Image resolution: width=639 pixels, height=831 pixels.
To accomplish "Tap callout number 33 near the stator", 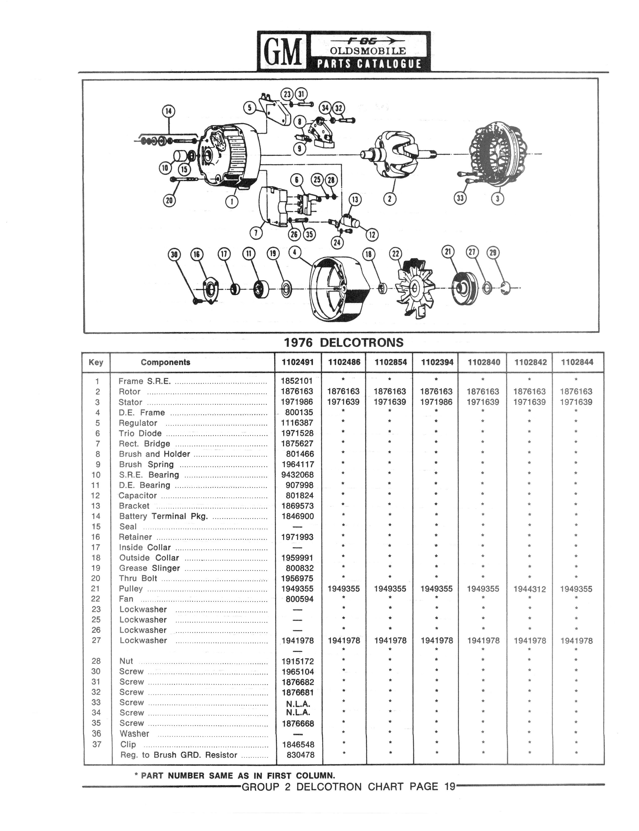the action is click(x=460, y=198).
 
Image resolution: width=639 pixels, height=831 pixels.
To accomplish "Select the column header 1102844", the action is click(x=577, y=362).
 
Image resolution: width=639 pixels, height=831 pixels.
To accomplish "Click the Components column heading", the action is click(x=166, y=362).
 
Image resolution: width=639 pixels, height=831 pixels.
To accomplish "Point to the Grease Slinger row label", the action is click(x=149, y=568).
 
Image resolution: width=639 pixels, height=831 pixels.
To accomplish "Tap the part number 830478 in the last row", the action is click(x=300, y=755).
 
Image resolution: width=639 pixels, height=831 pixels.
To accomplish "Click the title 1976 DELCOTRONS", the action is click(x=344, y=342).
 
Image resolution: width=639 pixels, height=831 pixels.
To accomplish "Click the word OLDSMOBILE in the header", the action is click(x=368, y=51).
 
